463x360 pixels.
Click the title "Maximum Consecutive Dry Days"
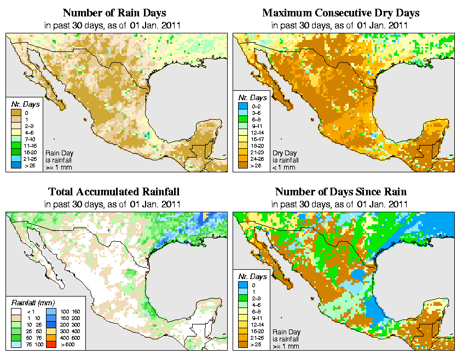(340, 13)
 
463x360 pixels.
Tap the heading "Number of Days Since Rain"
(340, 191)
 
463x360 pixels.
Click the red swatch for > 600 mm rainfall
(50, 346)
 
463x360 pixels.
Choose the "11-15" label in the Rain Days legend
(30, 146)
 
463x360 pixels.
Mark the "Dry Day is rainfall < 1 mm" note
(285, 160)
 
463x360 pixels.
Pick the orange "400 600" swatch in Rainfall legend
(50, 339)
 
